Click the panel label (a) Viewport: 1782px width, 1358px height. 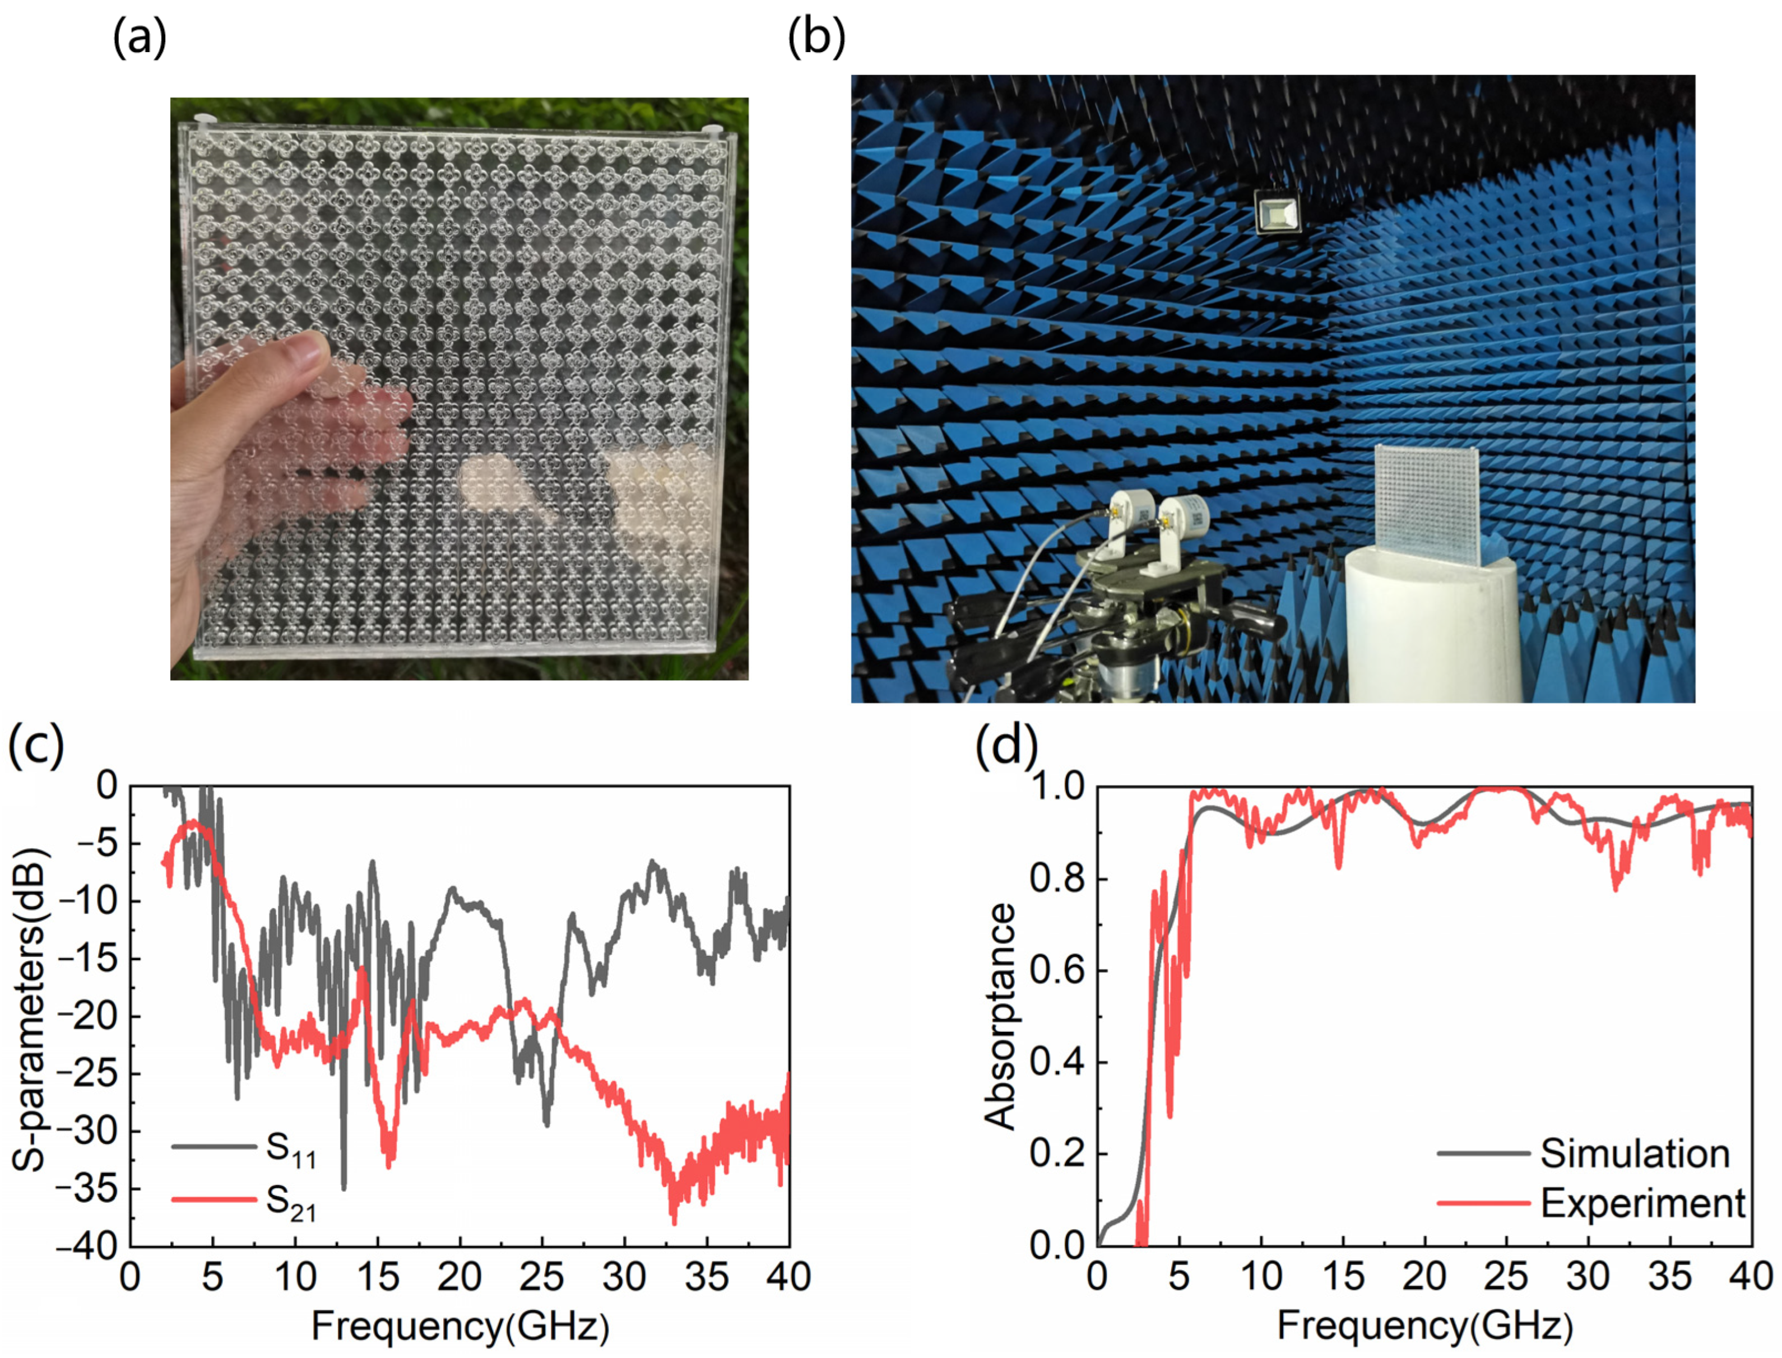[x=139, y=38]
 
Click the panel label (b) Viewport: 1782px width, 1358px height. [x=816, y=38]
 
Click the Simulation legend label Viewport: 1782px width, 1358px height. [x=1634, y=1154]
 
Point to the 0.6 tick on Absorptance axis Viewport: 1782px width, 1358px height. [x=1057, y=971]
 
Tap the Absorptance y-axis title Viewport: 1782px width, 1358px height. [x=1000, y=1016]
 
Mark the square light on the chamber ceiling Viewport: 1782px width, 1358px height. [x=1278, y=212]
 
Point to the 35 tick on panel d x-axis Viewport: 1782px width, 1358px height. [x=1669, y=1278]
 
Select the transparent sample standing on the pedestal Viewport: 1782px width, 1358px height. [x=1427, y=506]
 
